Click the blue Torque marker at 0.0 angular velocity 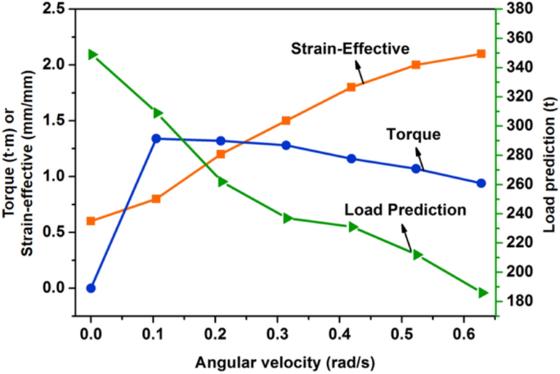coord(91,288)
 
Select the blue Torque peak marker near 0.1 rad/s coord(156,138)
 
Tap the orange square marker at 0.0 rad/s coord(91,221)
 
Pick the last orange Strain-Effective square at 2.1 coord(481,54)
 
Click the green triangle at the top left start coord(92,55)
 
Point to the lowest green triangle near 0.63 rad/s coord(482,292)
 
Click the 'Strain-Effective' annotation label coord(350,48)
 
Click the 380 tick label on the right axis coord(520,9)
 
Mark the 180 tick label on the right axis coord(520,301)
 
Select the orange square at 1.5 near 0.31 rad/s coord(286,120)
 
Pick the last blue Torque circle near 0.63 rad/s coord(481,183)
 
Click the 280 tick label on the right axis coord(520,155)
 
